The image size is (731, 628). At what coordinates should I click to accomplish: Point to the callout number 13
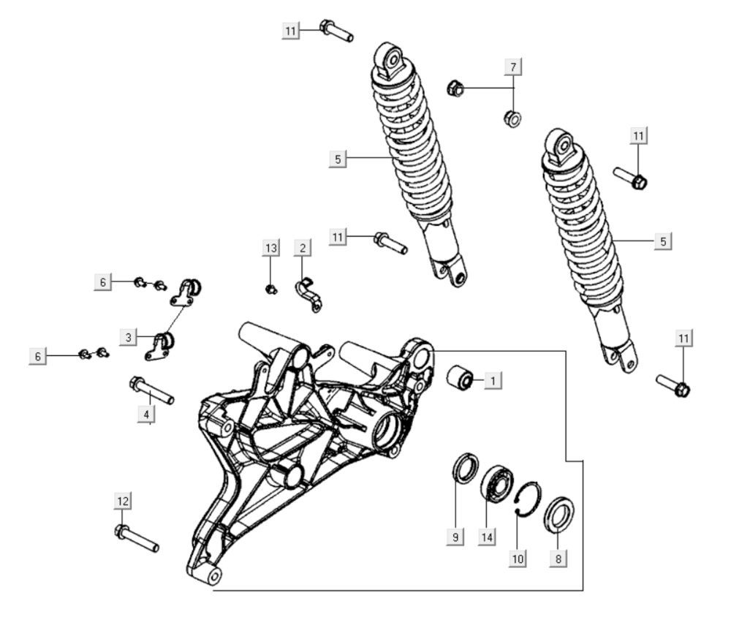pyautogui.click(x=271, y=249)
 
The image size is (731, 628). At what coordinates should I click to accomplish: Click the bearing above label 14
pyautogui.click(x=496, y=483)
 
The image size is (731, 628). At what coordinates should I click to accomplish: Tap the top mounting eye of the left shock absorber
pyautogui.click(x=389, y=57)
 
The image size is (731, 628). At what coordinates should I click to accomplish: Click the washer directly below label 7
pyautogui.click(x=512, y=118)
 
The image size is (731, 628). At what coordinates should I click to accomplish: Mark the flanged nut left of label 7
pyautogui.click(x=454, y=89)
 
